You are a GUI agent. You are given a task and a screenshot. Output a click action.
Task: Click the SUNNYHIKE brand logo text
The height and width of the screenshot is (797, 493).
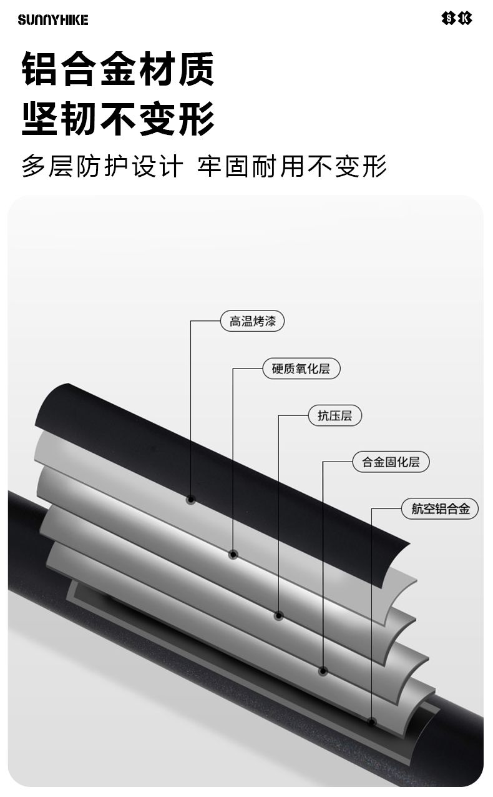[53, 20]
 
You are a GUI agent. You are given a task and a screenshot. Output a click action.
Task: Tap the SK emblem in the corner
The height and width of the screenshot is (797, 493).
[457, 19]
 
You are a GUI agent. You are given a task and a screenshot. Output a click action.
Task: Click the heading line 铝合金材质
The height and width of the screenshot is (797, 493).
[118, 69]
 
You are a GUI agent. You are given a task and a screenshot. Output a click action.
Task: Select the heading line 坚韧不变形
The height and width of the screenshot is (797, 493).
[118, 118]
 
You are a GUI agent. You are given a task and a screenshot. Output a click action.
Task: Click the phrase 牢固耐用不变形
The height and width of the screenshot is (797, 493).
[292, 167]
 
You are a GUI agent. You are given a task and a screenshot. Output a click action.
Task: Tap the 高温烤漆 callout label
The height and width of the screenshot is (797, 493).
[252, 322]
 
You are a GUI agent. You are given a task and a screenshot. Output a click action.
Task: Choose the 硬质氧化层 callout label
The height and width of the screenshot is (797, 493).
[300, 369]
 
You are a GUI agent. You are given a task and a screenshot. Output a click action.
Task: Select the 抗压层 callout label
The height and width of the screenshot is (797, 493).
[334, 415]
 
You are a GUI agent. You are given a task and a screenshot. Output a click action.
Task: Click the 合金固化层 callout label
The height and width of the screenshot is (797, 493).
[391, 462]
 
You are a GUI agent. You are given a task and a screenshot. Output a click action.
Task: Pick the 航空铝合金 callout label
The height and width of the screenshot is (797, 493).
[440, 509]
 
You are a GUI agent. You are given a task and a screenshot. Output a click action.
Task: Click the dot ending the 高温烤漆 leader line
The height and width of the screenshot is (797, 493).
[191, 500]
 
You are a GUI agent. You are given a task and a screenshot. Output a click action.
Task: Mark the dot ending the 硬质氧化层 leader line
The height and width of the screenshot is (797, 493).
[233, 554]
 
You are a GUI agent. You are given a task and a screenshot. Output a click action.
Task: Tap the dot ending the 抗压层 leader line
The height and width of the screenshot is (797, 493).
[279, 616]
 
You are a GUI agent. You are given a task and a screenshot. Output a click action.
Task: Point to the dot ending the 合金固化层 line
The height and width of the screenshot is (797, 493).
[323, 671]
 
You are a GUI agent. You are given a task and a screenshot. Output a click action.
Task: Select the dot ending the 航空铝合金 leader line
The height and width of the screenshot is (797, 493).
[372, 722]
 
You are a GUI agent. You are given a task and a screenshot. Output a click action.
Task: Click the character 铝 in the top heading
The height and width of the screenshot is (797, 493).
[41, 69]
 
